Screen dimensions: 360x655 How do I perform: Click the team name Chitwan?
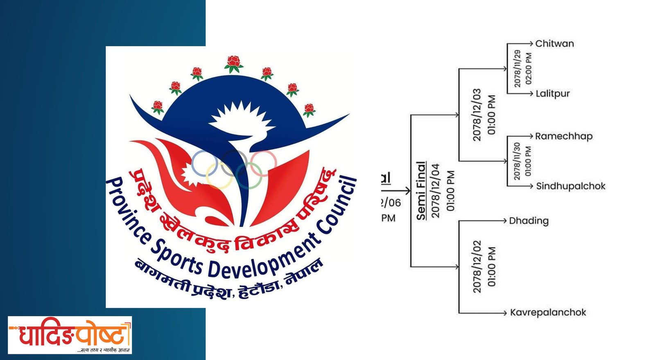tap(554, 44)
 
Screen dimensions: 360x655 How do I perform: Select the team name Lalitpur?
tap(553, 94)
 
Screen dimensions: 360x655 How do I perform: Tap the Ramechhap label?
tap(564, 136)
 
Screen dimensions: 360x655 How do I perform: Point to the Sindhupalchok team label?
tap(571, 186)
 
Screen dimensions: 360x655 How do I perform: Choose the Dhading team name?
tap(529, 221)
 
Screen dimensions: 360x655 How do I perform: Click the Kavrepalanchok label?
tap(548, 313)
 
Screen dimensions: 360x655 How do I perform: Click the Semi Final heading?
tap(421, 190)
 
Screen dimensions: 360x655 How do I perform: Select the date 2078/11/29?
tap(517, 68)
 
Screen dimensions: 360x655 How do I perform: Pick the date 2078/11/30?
tap(517, 161)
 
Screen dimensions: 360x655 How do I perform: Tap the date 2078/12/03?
tap(477, 115)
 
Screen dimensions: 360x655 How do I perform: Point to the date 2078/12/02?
tap(477, 267)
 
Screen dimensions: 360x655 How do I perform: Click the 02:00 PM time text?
tap(529, 68)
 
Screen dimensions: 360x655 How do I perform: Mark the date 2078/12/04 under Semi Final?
tap(436, 190)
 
